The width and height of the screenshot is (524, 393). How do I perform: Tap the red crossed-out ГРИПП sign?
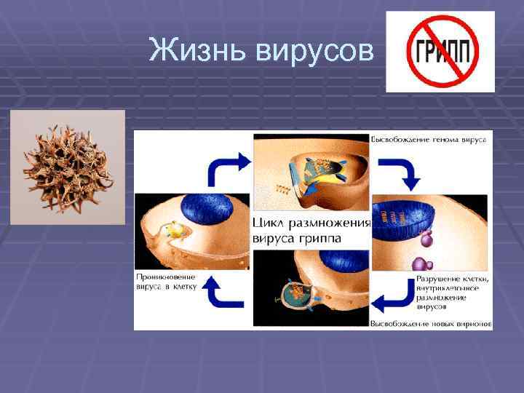[439, 52]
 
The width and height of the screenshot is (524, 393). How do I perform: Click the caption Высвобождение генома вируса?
[429, 138]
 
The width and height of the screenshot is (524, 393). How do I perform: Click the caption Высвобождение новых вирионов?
[431, 322]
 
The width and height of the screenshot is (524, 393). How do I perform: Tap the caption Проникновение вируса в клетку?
[167, 282]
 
